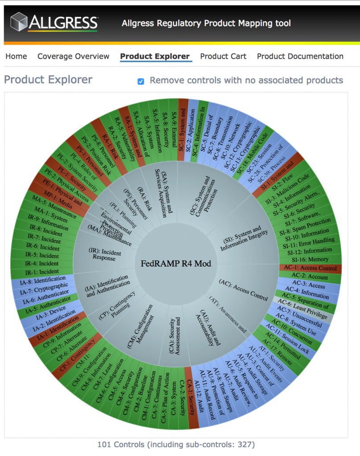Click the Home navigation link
pyautogui.click(x=16, y=57)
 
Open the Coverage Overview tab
pyautogui.click(x=73, y=57)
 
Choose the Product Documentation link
pyautogui.click(x=300, y=57)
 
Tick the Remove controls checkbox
pyautogui.click(x=141, y=81)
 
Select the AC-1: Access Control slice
pyautogui.click(x=311, y=268)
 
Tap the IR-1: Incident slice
pyautogui.click(x=42, y=271)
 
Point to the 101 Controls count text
pyautogui.click(x=176, y=444)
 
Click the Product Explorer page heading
pyautogui.click(x=48, y=80)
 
